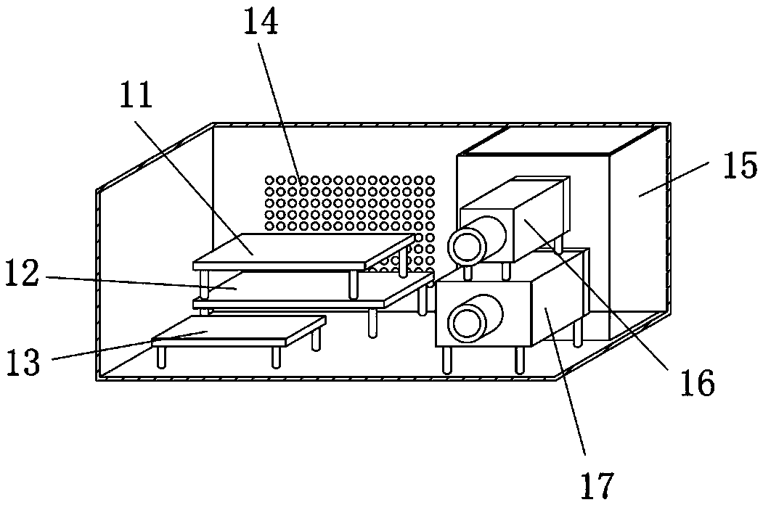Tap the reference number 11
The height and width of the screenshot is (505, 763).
pyautogui.click(x=136, y=94)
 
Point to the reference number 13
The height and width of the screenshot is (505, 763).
pyautogui.click(x=23, y=361)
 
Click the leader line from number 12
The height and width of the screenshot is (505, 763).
pyautogui.click(x=131, y=282)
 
